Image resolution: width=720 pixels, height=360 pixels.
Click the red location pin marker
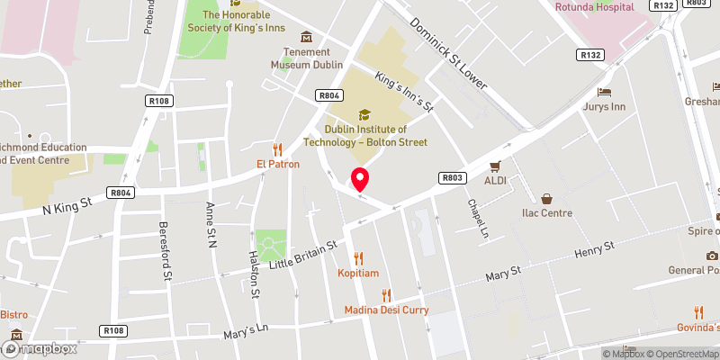(x=360, y=179)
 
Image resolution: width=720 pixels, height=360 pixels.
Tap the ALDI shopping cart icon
(x=495, y=166)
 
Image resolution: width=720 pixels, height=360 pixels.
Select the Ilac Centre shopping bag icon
(x=546, y=199)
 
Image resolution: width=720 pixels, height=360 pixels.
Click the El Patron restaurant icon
(x=277, y=149)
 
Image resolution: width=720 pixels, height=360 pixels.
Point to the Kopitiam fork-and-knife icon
(x=359, y=258)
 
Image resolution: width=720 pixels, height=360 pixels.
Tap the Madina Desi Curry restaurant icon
(x=386, y=295)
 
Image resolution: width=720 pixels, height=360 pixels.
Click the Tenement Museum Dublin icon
(x=307, y=37)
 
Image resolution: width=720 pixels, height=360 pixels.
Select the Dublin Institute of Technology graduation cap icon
(x=364, y=114)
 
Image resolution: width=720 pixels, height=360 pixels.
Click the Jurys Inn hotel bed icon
(x=604, y=93)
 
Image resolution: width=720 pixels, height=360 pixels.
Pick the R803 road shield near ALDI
(x=451, y=178)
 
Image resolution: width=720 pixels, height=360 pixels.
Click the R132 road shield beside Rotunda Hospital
(x=665, y=5)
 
